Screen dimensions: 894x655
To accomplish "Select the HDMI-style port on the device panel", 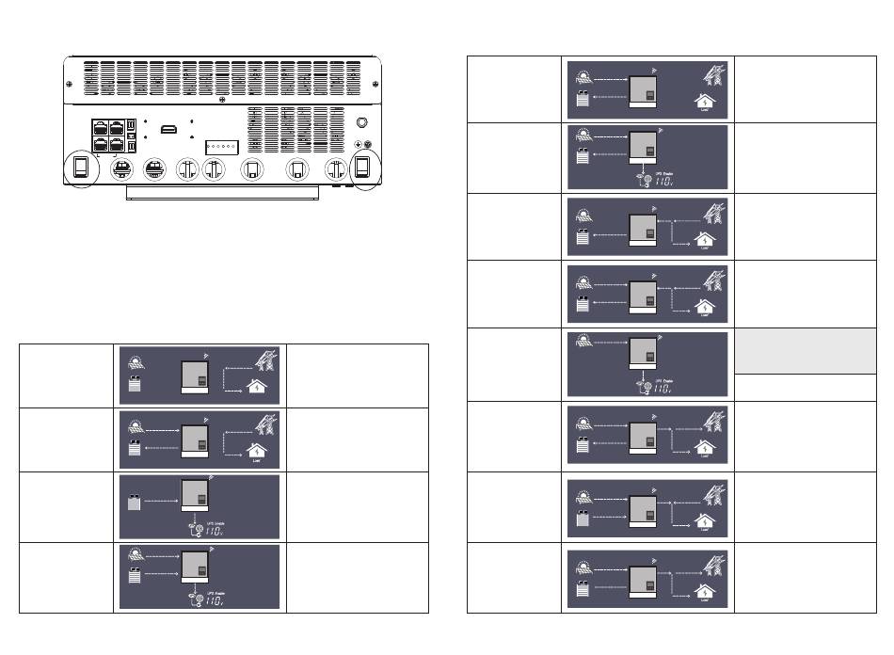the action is (169, 129).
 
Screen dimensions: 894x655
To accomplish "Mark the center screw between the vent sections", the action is (221, 100).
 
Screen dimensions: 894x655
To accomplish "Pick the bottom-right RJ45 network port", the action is (117, 144).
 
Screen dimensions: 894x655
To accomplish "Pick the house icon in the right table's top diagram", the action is (702, 103).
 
